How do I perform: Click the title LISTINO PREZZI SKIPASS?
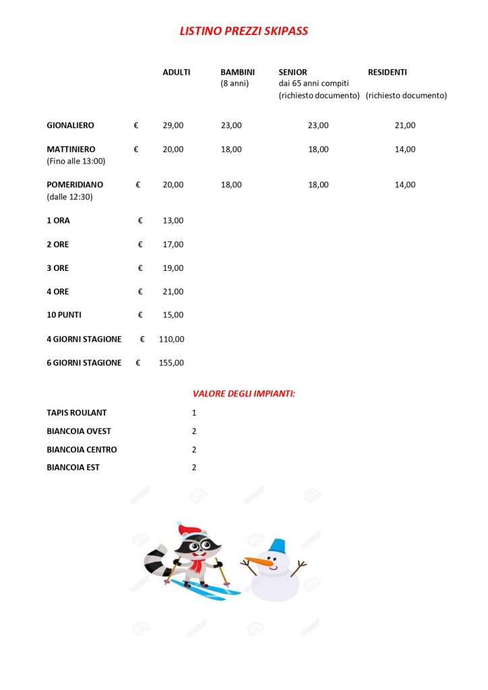pyautogui.click(x=244, y=31)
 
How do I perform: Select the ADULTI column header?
pyautogui.click(x=177, y=72)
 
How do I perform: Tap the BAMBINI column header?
pyautogui.click(x=237, y=72)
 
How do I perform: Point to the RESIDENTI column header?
pyautogui.click(x=388, y=72)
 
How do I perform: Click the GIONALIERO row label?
pyautogui.click(x=70, y=125)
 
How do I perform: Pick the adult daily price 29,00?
pyautogui.click(x=173, y=125)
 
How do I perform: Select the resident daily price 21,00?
pyautogui.click(x=405, y=125)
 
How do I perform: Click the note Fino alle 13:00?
pyautogui.click(x=76, y=161)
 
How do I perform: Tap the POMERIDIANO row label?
pyautogui.click(x=74, y=185)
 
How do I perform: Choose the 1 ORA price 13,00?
pyautogui.click(x=173, y=220)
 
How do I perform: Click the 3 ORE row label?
pyautogui.click(x=58, y=268)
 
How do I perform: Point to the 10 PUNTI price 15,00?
pyautogui.click(x=173, y=315)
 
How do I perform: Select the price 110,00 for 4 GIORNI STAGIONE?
pyautogui.click(x=171, y=339)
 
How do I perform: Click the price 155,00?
pyautogui.click(x=171, y=363)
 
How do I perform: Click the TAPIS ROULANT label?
pyautogui.click(x=77, y=412)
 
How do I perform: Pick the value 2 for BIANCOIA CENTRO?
pyautogui.click(x=194, y=449)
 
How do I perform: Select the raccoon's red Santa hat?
pyautogui.click(x=190, y=529)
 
